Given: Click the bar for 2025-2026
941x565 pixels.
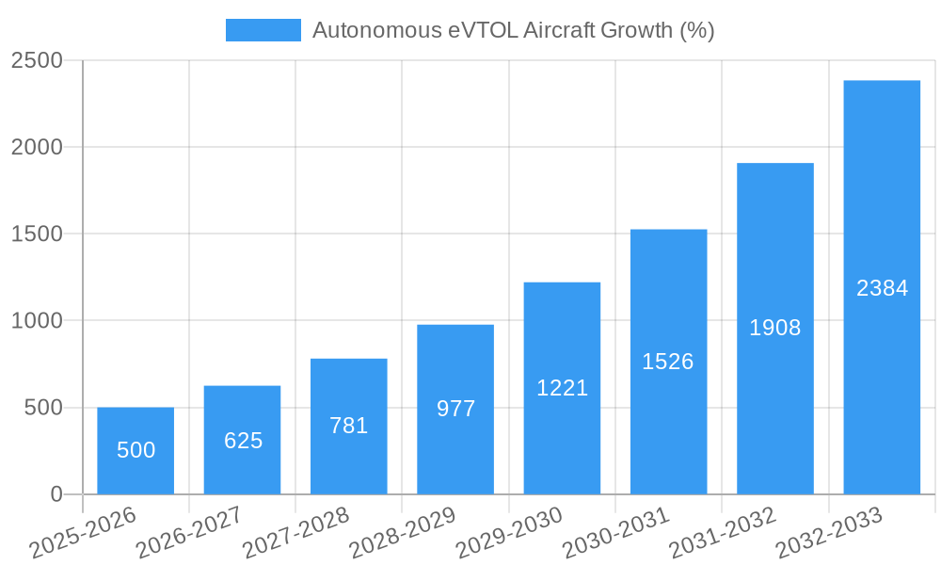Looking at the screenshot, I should [136, 451].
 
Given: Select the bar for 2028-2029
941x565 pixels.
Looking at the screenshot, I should [455, 410].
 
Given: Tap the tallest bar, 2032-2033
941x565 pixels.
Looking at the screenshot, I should [882, 287].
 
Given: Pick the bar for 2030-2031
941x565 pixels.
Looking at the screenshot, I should [668, 362].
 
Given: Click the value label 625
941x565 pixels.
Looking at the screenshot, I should [243, 440].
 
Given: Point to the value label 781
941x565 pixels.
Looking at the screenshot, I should [348, 426].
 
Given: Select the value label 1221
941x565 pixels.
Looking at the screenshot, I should [562, 387].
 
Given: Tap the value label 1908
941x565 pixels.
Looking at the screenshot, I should [774, 328].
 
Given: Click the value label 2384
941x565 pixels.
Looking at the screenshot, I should [882, 288].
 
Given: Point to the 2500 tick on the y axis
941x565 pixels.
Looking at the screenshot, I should [37, 60].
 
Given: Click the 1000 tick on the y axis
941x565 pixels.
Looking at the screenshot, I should [37, 321].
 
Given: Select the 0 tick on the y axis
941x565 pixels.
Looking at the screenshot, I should [56, 494].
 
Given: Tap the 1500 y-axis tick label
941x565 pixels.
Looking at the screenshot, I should [37, 234].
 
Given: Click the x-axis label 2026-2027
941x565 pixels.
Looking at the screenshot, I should [188, 533].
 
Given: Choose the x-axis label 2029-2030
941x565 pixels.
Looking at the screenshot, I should [508, 533].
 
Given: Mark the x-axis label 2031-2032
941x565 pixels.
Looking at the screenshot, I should [722, 533].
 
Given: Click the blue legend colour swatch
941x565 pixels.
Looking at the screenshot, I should [263, 30].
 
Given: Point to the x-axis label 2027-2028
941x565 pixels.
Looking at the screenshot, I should [295, 533].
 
